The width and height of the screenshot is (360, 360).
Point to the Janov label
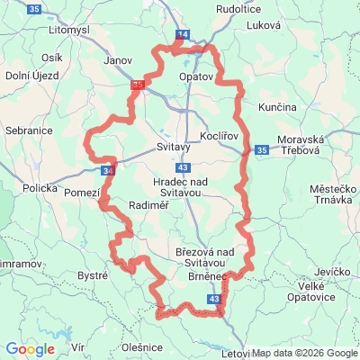(119, 61)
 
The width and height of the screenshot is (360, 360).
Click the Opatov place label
(195, 77)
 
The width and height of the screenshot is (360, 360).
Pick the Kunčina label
(277, 107)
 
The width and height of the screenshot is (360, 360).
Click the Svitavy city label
(173, 146)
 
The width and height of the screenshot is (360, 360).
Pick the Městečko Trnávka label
(334, 196)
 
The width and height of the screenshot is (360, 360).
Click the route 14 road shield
(183, 34)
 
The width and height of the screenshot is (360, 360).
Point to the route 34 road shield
(109, 169)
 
